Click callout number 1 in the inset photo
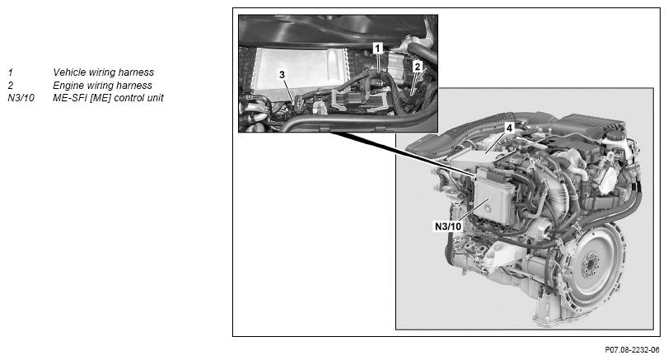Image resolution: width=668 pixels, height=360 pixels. pyautogui.click(x=378, y=48)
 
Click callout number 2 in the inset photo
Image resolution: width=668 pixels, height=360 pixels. pyautogui.click(x=418, y=67)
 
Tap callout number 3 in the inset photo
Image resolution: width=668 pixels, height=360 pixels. pyautogui.click(x=282, y=75)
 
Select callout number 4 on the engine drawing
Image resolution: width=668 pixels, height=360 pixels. pyautogui.click(x=509, y=128)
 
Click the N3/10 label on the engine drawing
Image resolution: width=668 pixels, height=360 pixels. pyautogui.click(x=448, y=226)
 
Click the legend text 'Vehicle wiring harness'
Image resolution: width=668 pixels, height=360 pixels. pyautogui.click(x=104, y=72)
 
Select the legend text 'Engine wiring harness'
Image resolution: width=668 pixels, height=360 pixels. pyautogui.click(x=102, y=85)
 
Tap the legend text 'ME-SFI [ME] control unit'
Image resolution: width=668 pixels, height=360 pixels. pyautogui.click(x=108, y=98)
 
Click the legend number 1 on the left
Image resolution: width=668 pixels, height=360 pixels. pyautogui.click(x=11, y=72)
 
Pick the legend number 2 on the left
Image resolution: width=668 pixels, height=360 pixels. pyautogui.click(x=11, y=85)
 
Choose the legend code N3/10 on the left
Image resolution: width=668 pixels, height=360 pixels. pyautogui.click(x=21, y=98)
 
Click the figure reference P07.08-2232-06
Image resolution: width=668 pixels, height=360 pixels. pyautogui.click(x=633, y=350)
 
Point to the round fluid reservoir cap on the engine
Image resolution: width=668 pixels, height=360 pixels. pyautogui.click(x=614, y=136)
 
